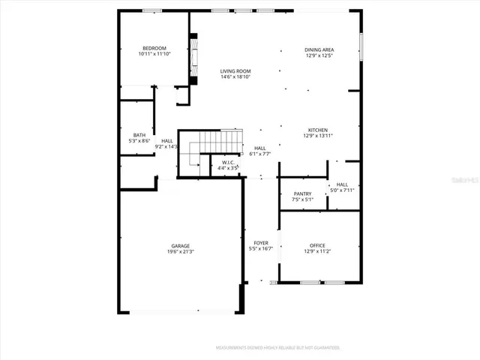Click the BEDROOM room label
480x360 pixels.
point(154,48)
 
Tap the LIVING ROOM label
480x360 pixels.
point(235,71)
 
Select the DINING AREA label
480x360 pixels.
point(319,49)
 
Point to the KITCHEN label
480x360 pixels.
point(319,130)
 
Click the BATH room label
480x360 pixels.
point(139,135)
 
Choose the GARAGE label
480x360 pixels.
point(180,245)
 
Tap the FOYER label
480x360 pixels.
point(260,243)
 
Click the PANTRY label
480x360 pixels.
point(302,193)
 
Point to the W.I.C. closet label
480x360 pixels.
point(228,163)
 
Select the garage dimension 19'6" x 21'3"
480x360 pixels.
point(180,252)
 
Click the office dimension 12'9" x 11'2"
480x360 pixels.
point(319,252)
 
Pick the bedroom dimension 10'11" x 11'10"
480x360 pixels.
point(154,54)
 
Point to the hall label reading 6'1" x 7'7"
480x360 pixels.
point(260,154)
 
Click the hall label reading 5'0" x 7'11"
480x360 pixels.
point(342,190)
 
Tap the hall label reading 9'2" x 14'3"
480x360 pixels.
point(167,146)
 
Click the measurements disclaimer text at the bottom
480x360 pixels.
point(277,348)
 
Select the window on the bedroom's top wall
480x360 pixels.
point(153,10)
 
